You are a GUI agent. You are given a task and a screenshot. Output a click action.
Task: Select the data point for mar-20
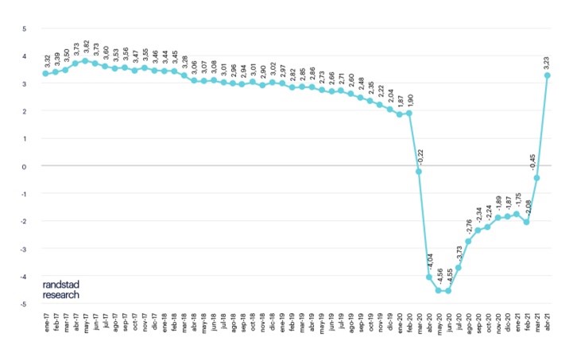click(419, 172)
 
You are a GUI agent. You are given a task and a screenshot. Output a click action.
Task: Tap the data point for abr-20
click(429, 277)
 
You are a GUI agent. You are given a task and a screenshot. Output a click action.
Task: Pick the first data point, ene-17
click(46, 74)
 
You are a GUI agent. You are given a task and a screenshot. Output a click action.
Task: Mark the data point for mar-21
click(536, 178)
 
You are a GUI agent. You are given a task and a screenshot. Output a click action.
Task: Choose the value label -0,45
click(537, 160)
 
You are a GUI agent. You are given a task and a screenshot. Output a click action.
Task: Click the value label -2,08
click(528, 205)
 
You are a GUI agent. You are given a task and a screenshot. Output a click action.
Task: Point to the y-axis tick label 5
click(24, 29)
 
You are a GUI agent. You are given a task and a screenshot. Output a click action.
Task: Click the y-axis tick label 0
click(24, 166)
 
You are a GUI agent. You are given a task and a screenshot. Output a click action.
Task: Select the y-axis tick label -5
click(23, 304)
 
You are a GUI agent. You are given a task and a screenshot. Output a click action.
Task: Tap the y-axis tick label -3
click(23, 249)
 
